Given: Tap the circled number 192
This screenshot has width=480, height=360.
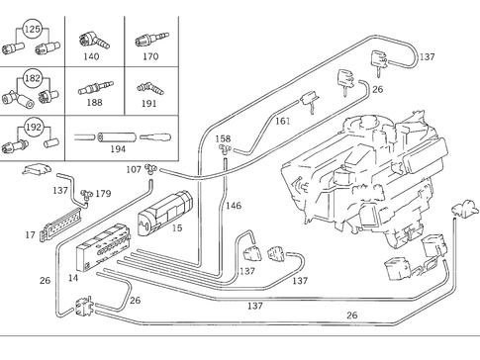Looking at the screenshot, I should click(33, 127).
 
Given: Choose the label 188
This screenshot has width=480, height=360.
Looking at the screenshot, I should click(94, 101).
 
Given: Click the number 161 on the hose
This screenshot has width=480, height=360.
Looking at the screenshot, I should click(282, 121).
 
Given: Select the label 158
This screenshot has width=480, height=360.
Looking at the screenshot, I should click(223, 139).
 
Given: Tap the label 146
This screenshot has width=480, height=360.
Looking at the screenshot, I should click(234, 206).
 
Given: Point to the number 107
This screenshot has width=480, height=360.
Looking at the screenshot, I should click(134, 169).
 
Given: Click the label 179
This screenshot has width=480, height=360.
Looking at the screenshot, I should click(103, 194).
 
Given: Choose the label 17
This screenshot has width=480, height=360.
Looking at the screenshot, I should click(30, 235).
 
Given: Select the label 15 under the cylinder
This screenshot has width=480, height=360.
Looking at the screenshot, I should click(178, 229).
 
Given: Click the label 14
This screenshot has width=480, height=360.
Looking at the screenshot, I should click(73, 279).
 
